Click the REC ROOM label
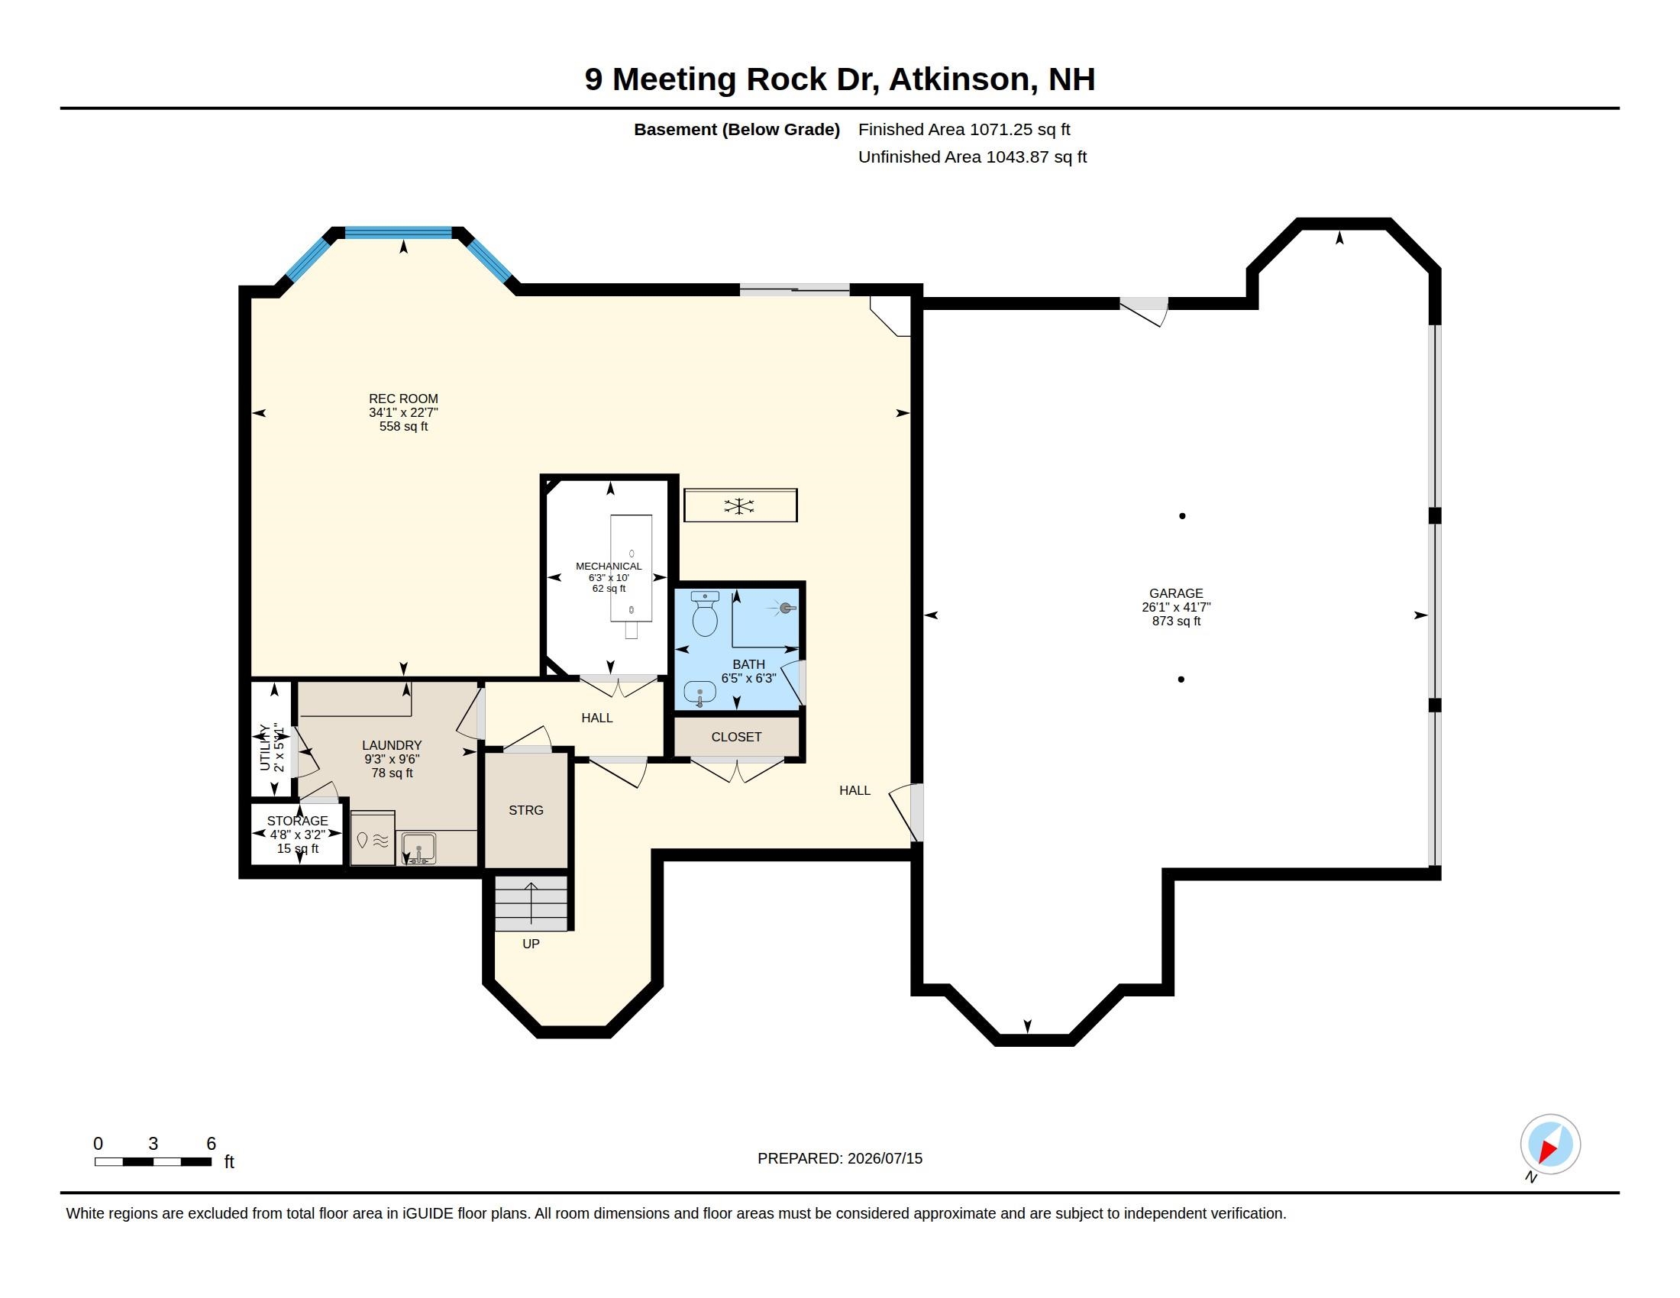click(403, 399)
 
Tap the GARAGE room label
click(1175, 592)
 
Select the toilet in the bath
click(705, 614)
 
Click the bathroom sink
click(699, 693)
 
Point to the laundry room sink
click(418, 849)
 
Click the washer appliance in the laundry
click(373, 838)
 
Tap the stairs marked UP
click(531, 902)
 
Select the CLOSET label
click(736, 737)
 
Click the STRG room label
click(526, 809)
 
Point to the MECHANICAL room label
click(609, 566)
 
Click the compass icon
click(1549, 1145)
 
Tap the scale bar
click(153, 1161)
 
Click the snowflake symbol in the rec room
click(738, 506)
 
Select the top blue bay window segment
click(398, 232)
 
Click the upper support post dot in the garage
click(1182, 516)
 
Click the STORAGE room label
click(298, 821)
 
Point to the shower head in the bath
click(785, 609)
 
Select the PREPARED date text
click(840, 1158)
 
